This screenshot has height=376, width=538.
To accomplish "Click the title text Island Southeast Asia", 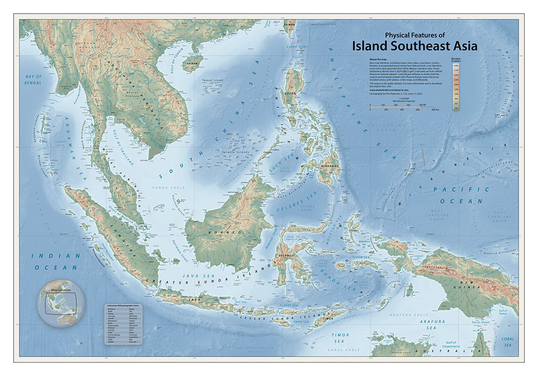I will (x=415, y=46).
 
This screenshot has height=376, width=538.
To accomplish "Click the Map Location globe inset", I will (x=61, y=303).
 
